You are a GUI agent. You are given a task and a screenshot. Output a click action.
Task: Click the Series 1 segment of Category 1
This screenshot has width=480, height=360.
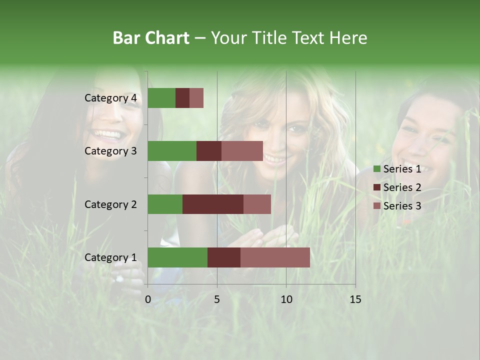point(177,257)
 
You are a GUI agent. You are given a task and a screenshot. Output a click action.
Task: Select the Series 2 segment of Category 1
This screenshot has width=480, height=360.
point(224,257)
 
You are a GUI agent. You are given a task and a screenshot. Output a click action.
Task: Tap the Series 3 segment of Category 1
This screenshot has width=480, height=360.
point(275,257)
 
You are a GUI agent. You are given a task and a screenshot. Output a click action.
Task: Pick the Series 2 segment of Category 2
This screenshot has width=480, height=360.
point(213,204)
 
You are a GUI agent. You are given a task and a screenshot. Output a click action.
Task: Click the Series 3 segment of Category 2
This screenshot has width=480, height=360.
point(257,204)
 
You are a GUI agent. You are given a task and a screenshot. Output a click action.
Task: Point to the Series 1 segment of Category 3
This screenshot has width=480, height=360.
point(172,151)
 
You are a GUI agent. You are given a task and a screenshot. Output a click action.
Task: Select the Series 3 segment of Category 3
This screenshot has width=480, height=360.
point(242,151)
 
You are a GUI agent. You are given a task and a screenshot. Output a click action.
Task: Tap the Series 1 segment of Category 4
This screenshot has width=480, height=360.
point(161,98)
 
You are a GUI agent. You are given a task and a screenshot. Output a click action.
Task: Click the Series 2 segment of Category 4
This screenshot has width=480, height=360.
point(182,98)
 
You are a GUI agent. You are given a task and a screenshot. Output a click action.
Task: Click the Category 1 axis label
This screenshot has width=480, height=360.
point(110,257)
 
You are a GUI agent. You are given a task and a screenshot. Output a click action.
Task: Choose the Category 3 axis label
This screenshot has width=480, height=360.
point(110,151)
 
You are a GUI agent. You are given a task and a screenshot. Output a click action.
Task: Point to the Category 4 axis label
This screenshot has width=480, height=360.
point(110,98)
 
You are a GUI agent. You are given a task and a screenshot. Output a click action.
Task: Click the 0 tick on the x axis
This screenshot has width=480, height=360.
point(148,299)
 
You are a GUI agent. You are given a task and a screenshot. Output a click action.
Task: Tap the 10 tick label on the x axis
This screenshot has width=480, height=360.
point(286,299)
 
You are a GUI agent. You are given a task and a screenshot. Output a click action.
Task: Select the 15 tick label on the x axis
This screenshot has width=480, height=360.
point(355,299)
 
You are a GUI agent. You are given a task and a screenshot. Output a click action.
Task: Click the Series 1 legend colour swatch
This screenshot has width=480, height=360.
point(377,169)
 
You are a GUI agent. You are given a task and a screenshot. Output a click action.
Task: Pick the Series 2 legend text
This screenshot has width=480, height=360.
point(402,187)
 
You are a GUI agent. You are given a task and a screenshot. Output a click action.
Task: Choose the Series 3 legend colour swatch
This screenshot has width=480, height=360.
point(377,206)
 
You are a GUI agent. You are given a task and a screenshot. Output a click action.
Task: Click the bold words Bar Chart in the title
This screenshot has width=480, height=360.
point(150,38)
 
